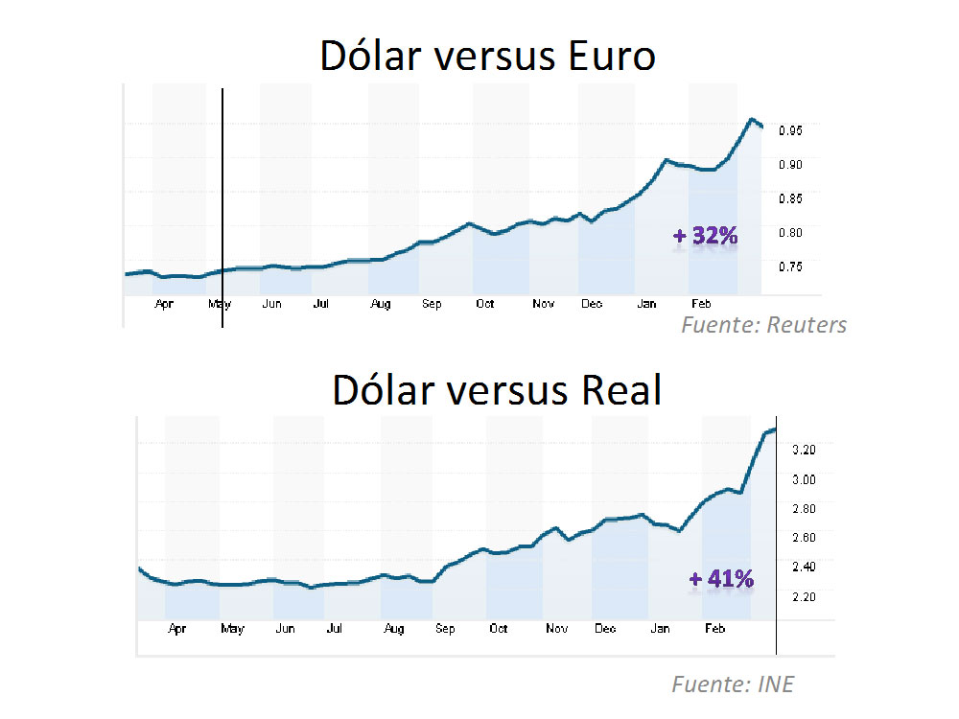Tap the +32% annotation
pos(707,236)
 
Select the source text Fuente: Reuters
pos(764,325)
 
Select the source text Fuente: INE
pos(733,684)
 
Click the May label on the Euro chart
pos(220,305)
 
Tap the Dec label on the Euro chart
pos(592,305)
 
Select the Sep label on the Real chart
pos(445,630)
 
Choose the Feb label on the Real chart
pos(713,630)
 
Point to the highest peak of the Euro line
pos(751,119)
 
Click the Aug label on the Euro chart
pos(381,305)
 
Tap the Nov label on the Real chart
pos(556,630)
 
